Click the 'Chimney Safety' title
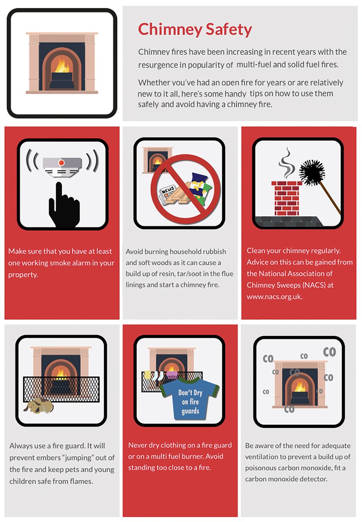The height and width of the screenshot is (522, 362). point(195,30)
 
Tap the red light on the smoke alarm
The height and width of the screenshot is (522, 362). point(62,162)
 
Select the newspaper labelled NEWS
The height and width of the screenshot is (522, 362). point(167,191)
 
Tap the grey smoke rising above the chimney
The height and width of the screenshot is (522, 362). point(286,161)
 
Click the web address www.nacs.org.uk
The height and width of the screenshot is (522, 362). point(274,297)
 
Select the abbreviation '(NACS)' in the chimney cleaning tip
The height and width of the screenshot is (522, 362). point(303,285)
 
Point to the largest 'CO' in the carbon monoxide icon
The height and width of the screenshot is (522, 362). point(329,352)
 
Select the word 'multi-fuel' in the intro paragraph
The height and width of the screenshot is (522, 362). point(254,64)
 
